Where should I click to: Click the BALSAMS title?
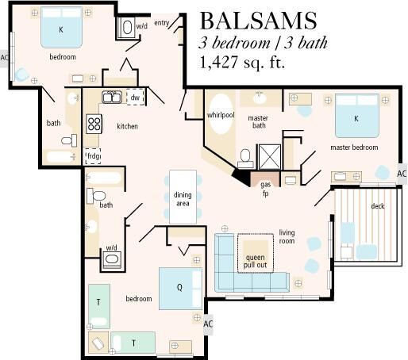(x=259, y=21)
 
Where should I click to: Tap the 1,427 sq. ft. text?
(x=242, y=63)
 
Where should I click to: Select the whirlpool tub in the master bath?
(x=221, y=113)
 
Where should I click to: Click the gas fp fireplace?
(x=265, y=179)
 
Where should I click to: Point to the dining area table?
(x=183, y=197)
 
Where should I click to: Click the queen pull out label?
(x=255, y=261)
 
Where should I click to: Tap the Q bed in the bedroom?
(x=180, y=289)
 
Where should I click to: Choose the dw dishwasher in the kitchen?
(x=135, y=97)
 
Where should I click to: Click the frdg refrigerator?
(x=93, y=156)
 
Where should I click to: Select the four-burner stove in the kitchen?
(x=94, y=124)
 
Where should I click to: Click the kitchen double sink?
(x=112, y=97)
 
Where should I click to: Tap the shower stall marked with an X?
(x=270, y=157)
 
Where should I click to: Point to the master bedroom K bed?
(x=357, y=116)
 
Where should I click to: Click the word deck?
(x=378, y=206)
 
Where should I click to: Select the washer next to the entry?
(x=127, y=28)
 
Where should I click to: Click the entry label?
(x=161, y=23)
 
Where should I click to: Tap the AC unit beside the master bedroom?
(x=402, y=174)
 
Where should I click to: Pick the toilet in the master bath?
(x=245, y=158)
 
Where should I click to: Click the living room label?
(x=287, y=236)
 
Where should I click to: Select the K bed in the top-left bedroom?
(x=61, y=28)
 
